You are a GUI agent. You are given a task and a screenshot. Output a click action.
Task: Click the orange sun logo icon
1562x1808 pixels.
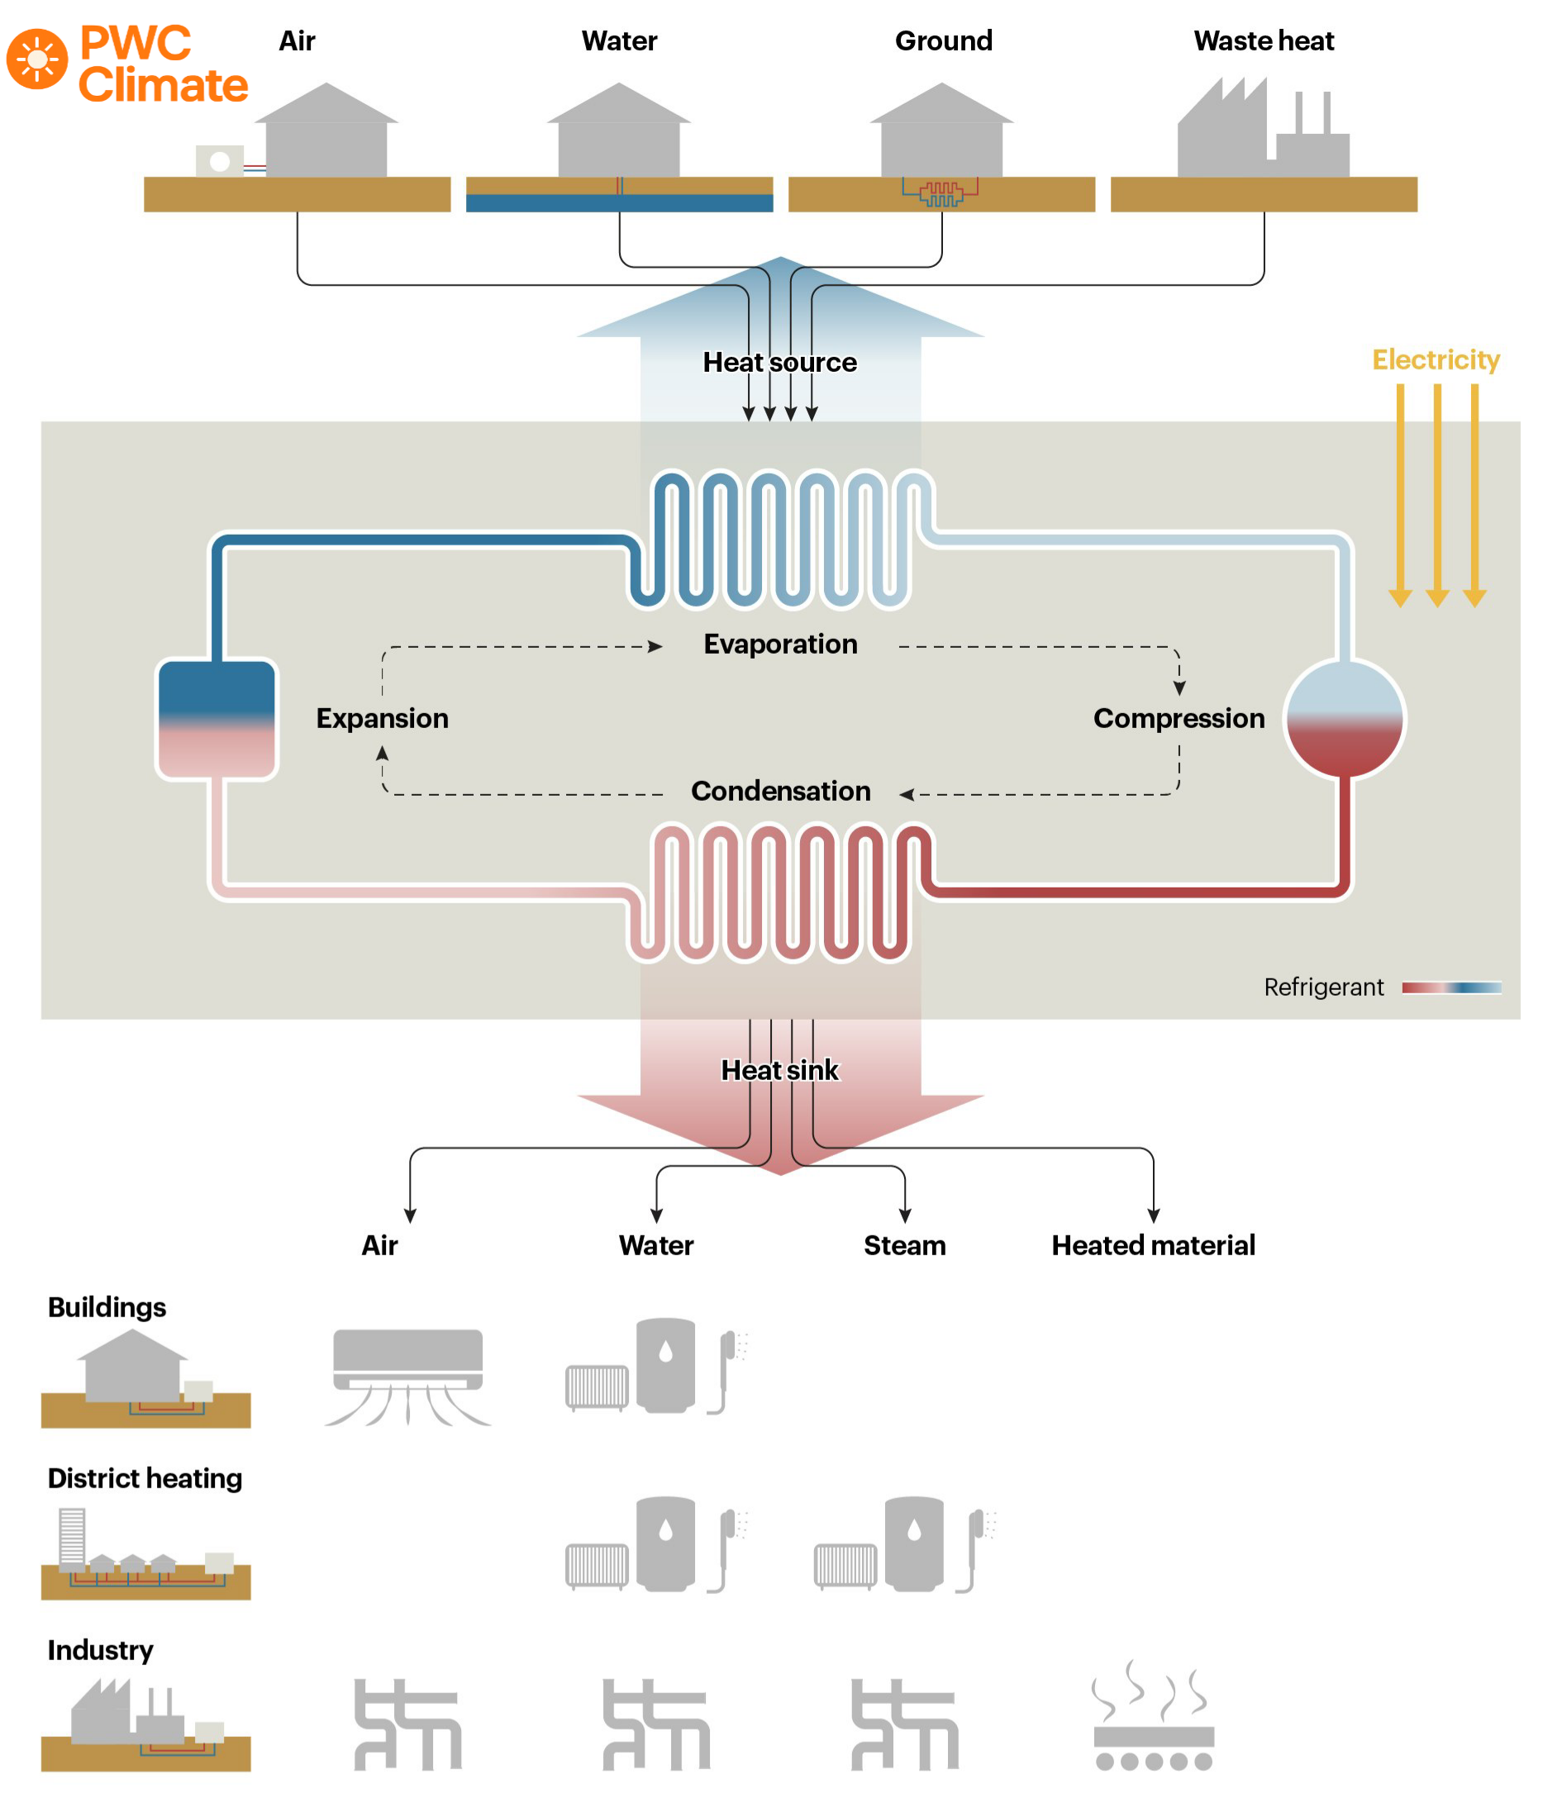(x=36, y=59)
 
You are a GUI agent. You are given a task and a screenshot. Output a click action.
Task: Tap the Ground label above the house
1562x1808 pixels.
(x=943, y=41)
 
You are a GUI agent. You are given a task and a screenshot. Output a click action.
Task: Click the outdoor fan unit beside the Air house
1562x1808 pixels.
(x=219, y=160)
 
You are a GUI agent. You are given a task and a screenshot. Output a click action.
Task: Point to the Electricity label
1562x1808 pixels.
(x=1436, y=359)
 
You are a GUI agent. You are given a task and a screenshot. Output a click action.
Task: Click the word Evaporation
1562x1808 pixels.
(x=780, y=644)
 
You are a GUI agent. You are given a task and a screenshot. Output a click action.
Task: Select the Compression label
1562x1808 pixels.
(x=1178, y=718)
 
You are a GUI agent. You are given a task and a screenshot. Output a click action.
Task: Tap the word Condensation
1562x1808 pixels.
(x=780, y=791)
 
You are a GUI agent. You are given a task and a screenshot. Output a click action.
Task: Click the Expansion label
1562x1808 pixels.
(x=382, y=718)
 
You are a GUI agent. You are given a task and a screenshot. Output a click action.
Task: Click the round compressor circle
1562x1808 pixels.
(x=1344, y=719)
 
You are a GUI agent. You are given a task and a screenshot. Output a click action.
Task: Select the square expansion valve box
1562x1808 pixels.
(x=217, y=719)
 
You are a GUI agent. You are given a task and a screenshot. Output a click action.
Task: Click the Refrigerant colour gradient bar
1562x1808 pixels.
(x=1451, y=987)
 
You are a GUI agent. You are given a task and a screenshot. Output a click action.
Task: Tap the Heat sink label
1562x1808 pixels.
(x=779, y=1070)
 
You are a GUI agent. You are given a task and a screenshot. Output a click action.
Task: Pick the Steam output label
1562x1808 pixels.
(x=904, y=1245)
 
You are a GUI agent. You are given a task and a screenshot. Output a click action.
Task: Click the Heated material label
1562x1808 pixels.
(x=1153, y=1245)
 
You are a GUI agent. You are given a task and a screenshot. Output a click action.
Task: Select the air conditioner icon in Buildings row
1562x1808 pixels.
(x=407, y=1374)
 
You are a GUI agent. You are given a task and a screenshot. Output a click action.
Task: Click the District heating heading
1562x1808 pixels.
(x=145, y=1478)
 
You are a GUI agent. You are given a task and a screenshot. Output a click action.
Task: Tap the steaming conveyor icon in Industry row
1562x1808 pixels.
(x=1153, y=1716)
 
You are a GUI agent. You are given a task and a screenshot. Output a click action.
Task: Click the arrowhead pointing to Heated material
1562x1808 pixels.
(x=1153, y=1216)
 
